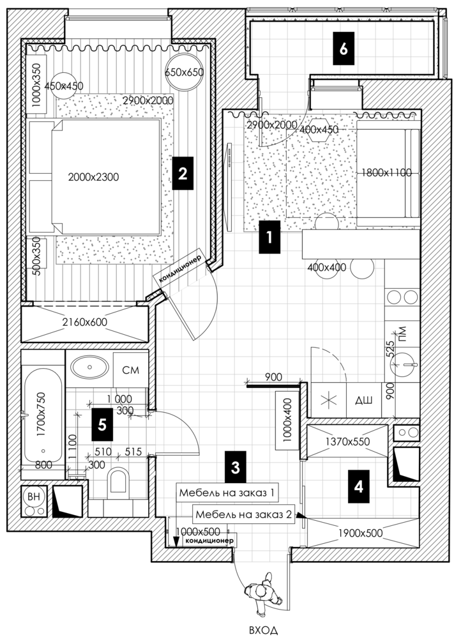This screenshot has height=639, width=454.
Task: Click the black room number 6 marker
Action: [344, 49]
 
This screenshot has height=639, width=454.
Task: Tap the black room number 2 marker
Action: [183, 174]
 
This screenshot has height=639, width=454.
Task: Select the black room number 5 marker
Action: [102, 425]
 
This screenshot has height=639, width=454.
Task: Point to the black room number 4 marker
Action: [359, 486]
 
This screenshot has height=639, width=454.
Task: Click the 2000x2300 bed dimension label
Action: [94, 177]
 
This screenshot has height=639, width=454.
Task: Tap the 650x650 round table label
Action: [185, 72]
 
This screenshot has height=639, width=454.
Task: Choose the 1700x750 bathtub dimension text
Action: [41, 415]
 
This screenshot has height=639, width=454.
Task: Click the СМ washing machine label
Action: [131, 369]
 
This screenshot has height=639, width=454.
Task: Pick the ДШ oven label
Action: [363, 401]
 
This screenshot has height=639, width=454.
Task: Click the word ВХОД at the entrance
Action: [264, 630]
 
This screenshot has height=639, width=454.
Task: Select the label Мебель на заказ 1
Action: [227, 493]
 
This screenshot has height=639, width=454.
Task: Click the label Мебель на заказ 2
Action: [244, 514]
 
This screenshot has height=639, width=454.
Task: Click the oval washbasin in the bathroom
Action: [89, 367]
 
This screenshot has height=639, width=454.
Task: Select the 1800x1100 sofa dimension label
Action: [387, 173]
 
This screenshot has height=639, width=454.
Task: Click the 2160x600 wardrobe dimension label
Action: [85, 322]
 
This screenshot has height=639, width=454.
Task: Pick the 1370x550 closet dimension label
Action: [347, 441]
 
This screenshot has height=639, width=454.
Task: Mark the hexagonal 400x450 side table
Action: [319, 130]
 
